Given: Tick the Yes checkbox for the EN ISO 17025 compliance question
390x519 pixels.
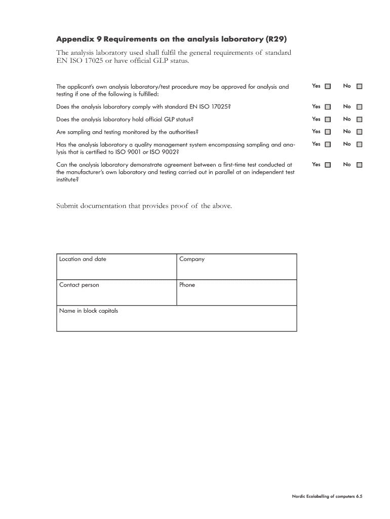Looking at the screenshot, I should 328,107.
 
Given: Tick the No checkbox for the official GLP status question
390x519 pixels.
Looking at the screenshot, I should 359,120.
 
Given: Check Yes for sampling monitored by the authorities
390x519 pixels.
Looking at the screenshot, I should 328,132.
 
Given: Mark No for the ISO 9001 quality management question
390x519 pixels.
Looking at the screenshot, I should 359,144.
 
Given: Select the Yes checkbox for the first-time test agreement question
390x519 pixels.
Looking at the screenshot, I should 328,165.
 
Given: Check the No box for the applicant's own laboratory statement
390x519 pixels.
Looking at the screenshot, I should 359,86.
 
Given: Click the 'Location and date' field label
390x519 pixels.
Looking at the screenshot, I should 83,259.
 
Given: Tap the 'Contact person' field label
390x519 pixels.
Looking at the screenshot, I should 79,285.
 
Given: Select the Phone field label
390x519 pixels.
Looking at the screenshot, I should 187,285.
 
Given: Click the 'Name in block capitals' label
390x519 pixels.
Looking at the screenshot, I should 88,311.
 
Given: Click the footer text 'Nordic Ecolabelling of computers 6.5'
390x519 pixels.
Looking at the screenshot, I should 327,497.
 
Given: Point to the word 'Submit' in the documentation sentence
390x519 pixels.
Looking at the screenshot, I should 69,206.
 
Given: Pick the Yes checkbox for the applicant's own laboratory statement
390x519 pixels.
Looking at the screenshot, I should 328,86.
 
